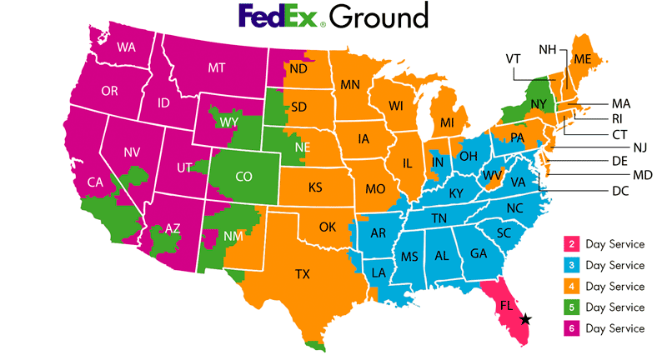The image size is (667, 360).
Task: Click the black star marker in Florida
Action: coord(526,318)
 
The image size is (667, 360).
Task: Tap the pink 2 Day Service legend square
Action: coord(573,244)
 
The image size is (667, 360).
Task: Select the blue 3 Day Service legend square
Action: coord(573,265)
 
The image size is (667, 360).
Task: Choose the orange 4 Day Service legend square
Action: coord(573,286)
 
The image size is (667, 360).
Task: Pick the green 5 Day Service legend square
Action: coord(573,307)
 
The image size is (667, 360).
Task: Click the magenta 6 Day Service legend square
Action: coord(573,327)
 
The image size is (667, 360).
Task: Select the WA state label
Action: coord(126,47)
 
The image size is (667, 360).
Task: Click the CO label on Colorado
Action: coord(243,177)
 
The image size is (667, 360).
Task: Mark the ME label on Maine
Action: coord(582,58)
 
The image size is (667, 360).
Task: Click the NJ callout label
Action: coord(640,147)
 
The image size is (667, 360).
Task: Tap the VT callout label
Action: coord(514,58)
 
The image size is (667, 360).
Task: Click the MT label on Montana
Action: coord(218,67)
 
